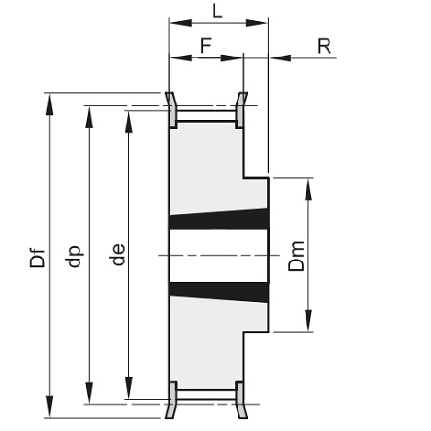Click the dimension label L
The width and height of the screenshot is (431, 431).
217,11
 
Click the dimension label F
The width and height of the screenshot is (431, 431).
206,45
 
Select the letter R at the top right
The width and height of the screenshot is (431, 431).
325,46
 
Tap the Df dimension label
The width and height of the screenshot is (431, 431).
37,258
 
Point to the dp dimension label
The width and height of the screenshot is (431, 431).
74,257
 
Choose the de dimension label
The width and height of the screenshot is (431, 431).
118,255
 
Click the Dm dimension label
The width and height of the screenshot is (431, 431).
296,257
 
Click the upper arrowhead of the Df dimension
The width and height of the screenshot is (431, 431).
49,104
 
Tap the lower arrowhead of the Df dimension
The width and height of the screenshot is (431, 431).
49,406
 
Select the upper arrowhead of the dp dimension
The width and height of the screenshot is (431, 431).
89,117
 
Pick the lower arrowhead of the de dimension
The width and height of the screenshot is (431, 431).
129,388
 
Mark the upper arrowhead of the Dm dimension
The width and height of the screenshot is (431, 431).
308,190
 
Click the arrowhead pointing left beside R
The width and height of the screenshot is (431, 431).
281,58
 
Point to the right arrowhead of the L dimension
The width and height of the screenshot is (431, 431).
257,23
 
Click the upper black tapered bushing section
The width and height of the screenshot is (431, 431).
218,218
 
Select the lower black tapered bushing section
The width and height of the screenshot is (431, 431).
218,292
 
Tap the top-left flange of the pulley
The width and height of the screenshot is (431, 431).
171,110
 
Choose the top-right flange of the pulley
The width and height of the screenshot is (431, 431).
240,110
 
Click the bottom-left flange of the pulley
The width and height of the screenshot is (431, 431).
171,399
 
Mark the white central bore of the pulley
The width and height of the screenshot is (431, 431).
218,256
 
